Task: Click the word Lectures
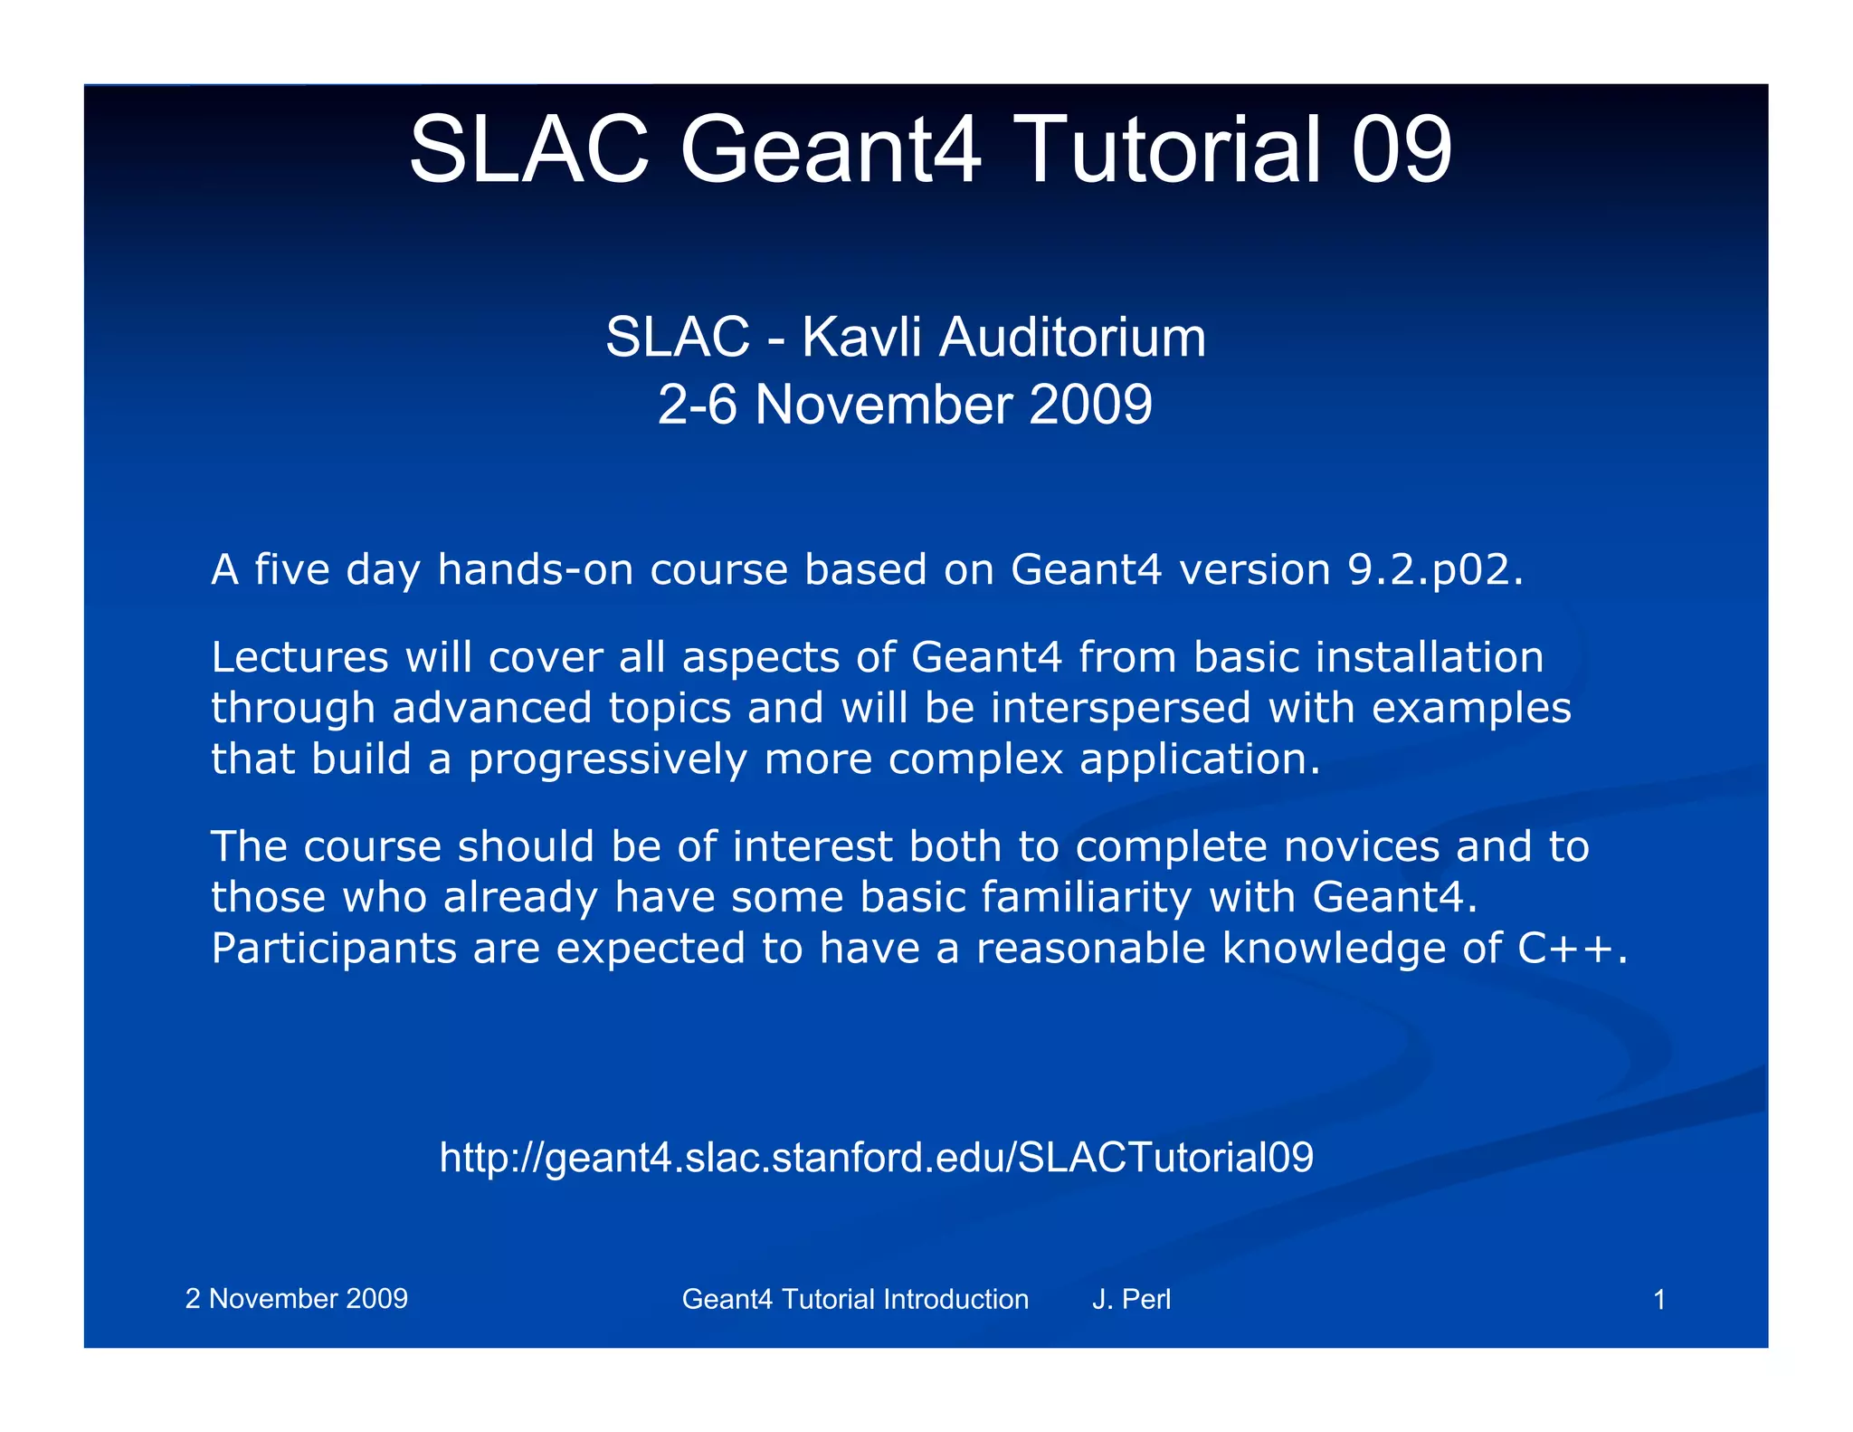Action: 299,657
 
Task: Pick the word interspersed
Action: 1120,708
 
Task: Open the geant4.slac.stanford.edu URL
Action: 876,1158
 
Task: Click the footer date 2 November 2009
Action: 297,1299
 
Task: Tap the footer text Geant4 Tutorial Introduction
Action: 855,1300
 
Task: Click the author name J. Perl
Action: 1131,1300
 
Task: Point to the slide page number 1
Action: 1659,1301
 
